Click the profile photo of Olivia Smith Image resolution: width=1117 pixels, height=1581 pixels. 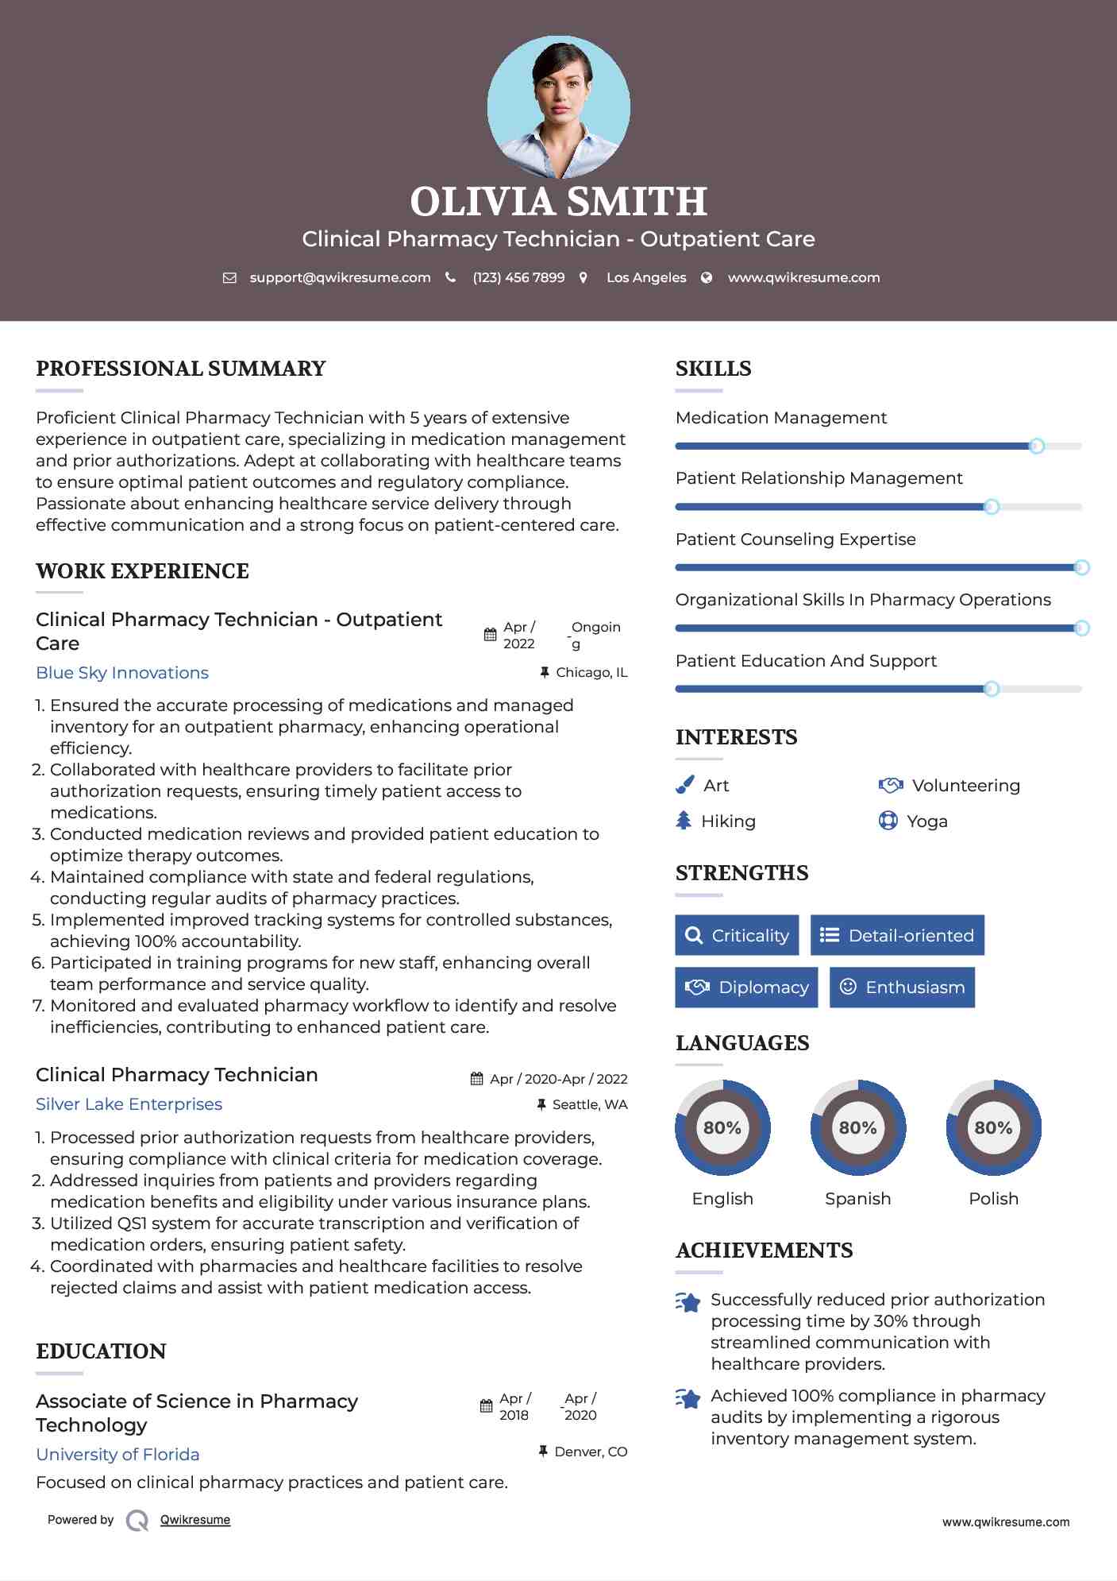(558, 106)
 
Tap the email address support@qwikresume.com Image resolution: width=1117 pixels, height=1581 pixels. (340, 277)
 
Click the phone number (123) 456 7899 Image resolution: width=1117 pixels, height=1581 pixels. (518, 277)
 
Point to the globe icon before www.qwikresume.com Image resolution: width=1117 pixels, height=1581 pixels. (707, 277)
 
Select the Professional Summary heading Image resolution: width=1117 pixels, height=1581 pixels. (181, 369)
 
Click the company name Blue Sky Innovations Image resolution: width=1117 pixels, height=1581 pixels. (122, 673)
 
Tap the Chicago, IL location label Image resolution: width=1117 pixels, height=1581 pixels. (591, 672)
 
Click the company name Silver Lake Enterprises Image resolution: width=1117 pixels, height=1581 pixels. (129, 1104)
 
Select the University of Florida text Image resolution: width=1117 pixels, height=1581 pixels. (117, 1455)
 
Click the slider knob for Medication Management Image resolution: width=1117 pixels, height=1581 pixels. (1036, 446)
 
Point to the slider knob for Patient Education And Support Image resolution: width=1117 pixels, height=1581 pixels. (991, 689)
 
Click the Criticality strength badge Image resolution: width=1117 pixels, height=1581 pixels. (737, 935)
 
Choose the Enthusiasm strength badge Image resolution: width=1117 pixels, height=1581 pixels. (902, 988)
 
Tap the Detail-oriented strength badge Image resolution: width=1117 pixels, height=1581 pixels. (897, 935)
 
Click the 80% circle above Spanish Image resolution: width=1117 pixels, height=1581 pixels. (857, 1127)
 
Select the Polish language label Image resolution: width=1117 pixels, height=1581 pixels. (993, 1199)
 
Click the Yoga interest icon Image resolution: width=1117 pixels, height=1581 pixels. (888, 821)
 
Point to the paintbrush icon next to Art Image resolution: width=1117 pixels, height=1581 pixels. (684, 785)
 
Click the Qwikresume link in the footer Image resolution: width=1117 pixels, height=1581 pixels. (195, 1520)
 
